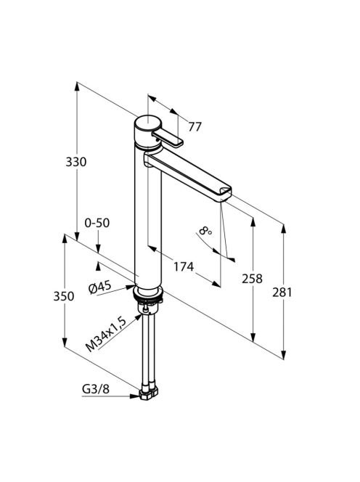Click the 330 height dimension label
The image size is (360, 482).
tap(76, 162)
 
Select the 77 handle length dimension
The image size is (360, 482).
tap(195, 126)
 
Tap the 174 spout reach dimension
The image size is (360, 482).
tap(184, 267)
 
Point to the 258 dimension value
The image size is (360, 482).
tap(252, 279)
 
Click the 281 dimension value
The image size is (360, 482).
tap(282, 293)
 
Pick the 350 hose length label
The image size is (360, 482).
tap(64, 296)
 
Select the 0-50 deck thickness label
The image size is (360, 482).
tap(97, 223)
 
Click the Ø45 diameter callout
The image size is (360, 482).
tap(99, 287)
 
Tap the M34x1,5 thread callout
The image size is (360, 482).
tap(106, 335)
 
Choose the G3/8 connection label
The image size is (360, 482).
tap(96, 389)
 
